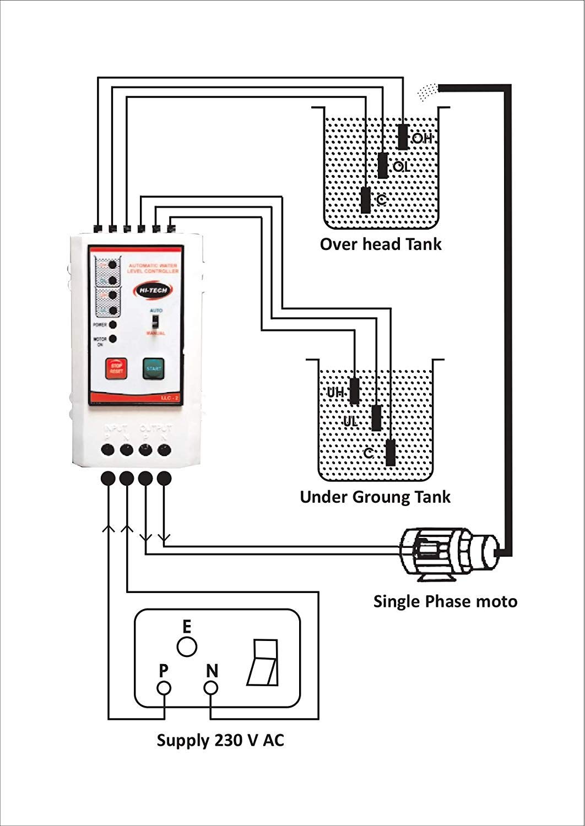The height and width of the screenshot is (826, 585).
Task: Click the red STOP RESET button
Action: [x=116, y=368]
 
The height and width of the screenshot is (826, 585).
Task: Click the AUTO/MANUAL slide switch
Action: [x=156, y=321]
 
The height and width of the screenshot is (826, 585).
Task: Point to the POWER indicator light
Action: [x=113, y=325]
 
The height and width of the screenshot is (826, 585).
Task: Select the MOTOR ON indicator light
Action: [x=113, y=339]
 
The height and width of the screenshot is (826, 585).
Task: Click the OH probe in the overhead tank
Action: [x=403, y=136]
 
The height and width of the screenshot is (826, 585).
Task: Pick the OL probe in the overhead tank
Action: [x=383, y=165]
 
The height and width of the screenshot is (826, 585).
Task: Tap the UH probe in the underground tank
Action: [x=355, y=391]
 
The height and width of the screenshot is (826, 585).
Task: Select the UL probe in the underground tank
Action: [x=377, y=418]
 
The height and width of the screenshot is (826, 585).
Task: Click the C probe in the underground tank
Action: [x=391, y=453]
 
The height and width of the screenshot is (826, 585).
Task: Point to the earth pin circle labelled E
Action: [x=187, y=646]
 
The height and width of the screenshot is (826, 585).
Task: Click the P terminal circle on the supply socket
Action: [x=164, y=688]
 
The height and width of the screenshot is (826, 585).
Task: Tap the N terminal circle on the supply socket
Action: [x=211, y=688]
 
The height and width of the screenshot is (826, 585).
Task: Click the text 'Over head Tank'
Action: [x=381, y=244]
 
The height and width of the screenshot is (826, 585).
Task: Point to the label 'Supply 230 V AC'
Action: [x=220, y=740]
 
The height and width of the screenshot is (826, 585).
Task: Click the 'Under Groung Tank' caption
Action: [x=375, y=497]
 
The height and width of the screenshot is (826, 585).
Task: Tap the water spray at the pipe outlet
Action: [x=428, y=91]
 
